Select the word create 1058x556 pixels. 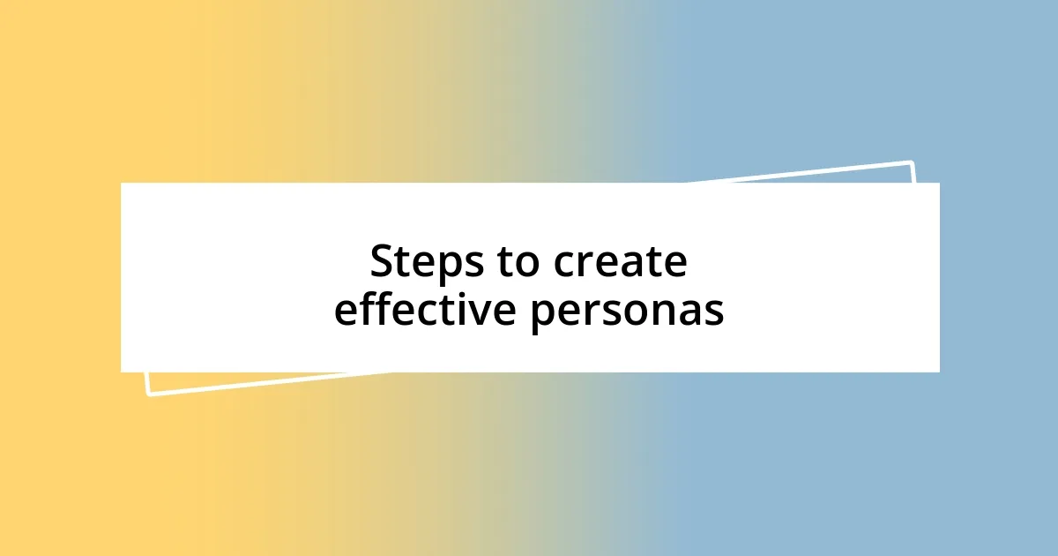tap(620, 263)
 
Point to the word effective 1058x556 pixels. tap(425, 310)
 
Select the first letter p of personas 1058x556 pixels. tap(541, 316)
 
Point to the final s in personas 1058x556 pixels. tap(715, 313)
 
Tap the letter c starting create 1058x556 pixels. tap(565, 265)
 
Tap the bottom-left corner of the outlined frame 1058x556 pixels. tap(148, 394)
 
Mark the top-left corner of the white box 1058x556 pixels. tap(122, 184)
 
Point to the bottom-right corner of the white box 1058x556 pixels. tap(939, 372)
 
